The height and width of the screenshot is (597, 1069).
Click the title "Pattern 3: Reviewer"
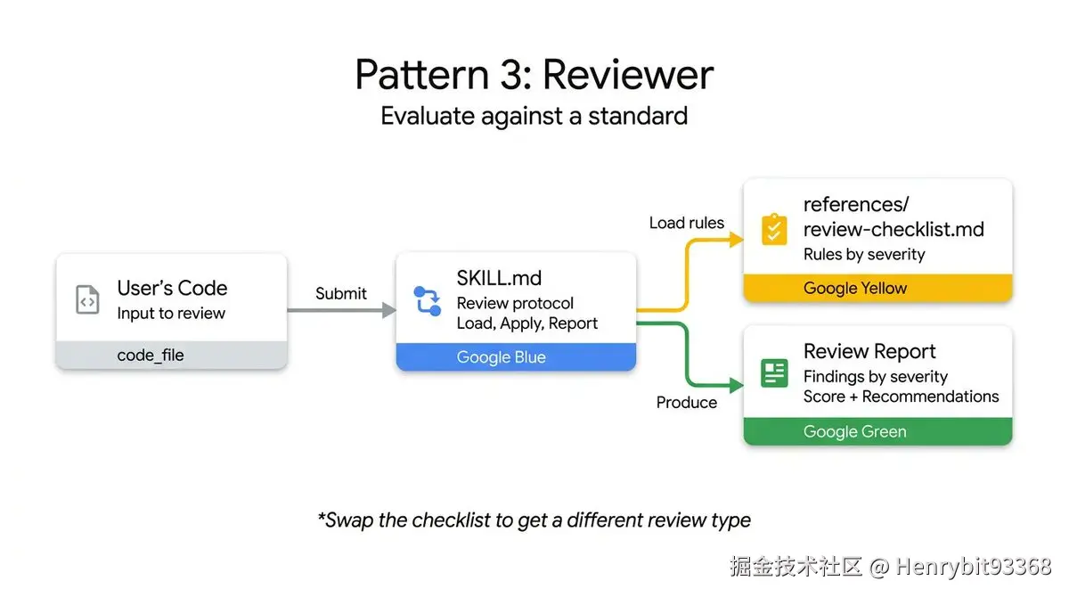(534, 74)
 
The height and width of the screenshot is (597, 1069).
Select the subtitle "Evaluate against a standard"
(534, 116)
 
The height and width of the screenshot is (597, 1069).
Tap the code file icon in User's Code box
(87, 300)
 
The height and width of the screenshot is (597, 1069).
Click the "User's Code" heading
(172, 288)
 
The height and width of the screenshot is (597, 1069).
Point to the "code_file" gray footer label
(150, 355)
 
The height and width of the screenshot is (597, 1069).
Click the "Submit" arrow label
(340, 293)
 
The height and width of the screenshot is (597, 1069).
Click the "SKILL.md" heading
(499, 278)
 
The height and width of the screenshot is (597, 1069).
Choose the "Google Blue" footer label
(501, 357)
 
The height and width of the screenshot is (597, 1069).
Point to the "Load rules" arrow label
(686, 223)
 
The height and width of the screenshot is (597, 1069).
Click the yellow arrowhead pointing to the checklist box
(736, 239)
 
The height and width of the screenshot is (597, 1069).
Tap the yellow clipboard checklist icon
(774, 229)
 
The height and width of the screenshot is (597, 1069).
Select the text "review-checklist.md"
(894, 229)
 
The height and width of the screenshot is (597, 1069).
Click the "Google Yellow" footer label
(854, 288)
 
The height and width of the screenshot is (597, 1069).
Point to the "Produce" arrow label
(686, 403)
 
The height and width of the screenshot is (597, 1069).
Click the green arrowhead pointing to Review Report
(736, 385)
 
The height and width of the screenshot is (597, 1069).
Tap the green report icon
(774, 372)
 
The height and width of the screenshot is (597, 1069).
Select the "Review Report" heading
(869, 351)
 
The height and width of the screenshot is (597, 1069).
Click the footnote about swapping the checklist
(534, 519)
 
